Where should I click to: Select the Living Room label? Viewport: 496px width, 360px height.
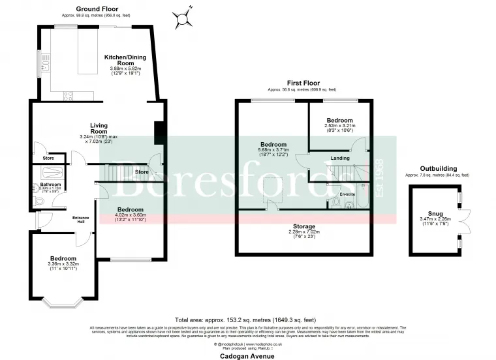click(x=99, y=128)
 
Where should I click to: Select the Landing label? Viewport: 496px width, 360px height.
click(x=340, y=158)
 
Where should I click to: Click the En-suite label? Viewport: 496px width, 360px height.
click(x=348, y=194)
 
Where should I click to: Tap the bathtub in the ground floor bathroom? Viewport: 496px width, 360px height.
click(x=48, y=173)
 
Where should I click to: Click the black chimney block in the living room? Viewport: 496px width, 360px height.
click(x=157, y=132)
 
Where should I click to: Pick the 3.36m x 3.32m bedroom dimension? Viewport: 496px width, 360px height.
click(x=63, y=265)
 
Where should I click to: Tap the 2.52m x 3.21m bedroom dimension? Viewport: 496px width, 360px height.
click(x=339, y=128)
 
